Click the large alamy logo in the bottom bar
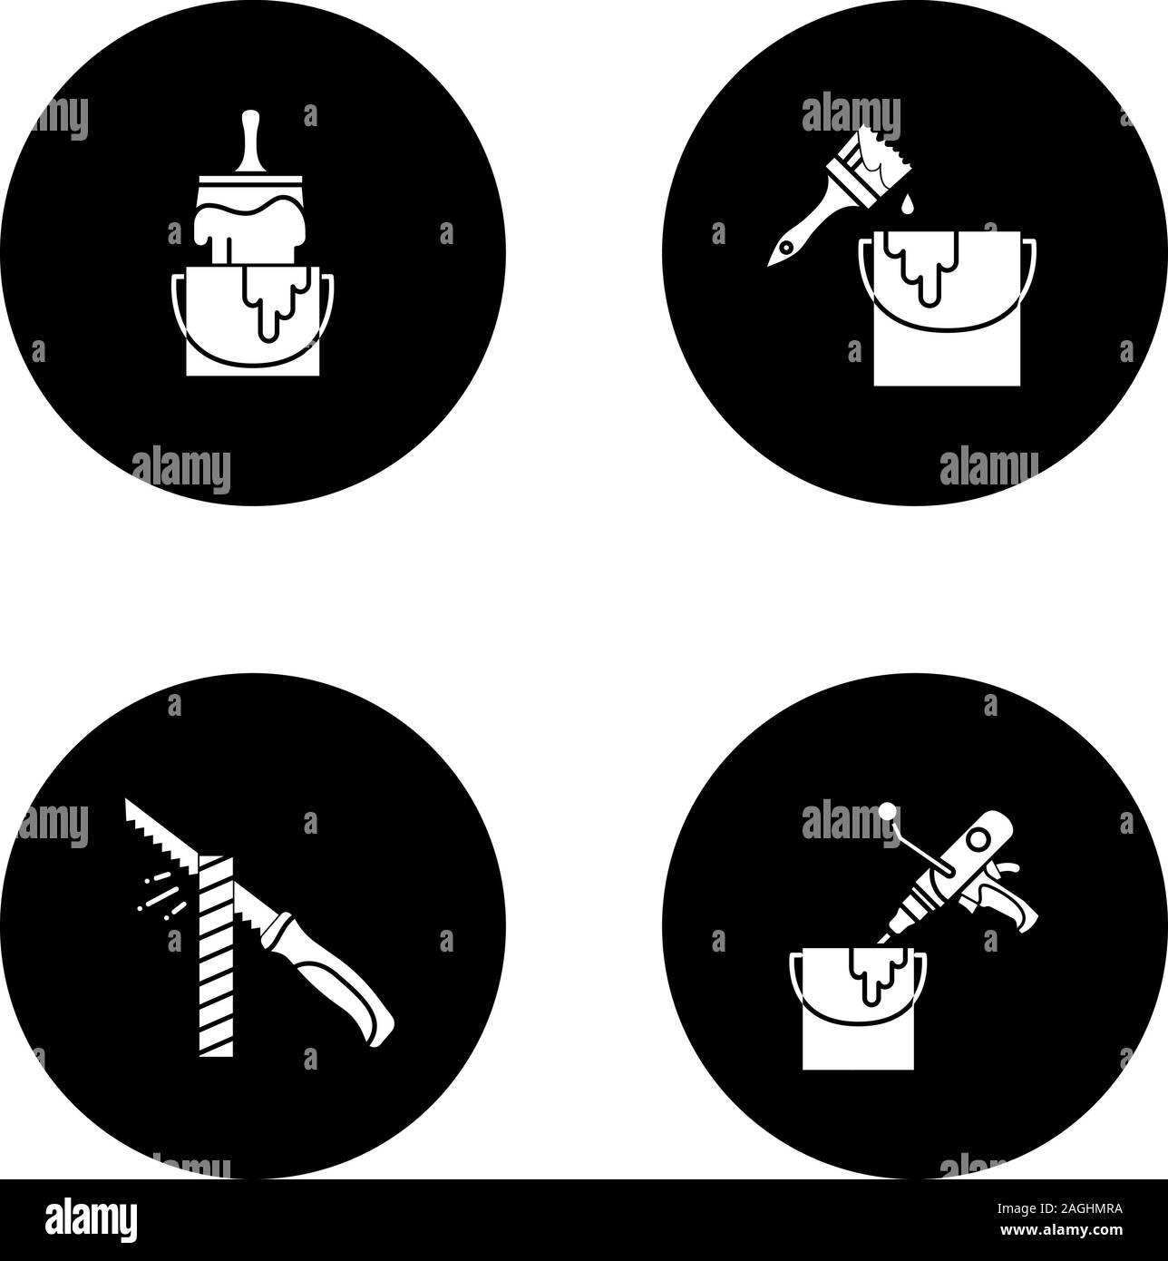91,1220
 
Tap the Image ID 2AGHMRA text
1059,1208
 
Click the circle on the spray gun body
977,840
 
